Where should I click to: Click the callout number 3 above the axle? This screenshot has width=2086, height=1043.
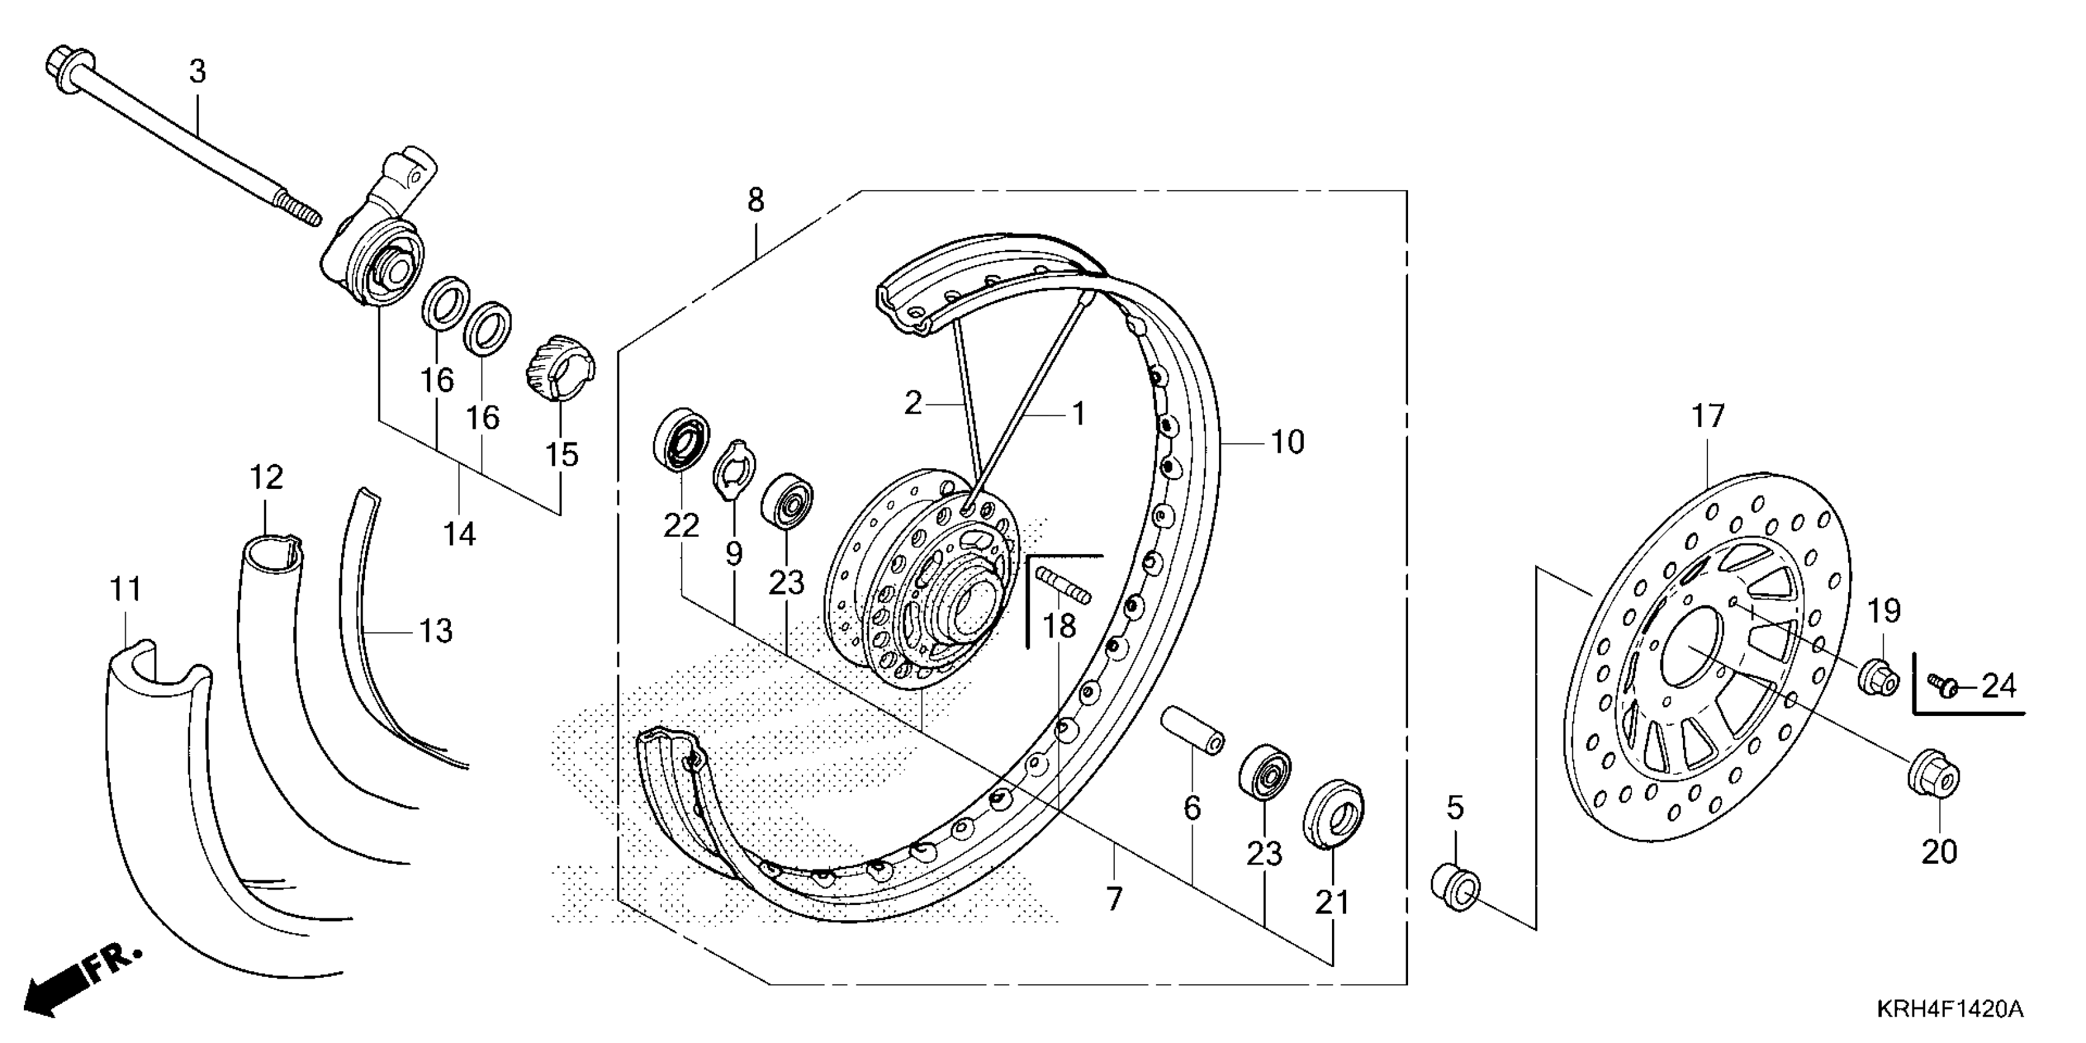[198, 72]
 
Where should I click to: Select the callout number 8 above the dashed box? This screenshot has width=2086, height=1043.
[755, 200]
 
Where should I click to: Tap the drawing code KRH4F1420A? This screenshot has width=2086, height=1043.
[1949, 1010]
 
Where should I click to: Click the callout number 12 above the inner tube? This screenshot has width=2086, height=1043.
[266, 478]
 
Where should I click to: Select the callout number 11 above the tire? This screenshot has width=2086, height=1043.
[126, 590]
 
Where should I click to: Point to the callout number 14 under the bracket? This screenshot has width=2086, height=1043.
[459, 534]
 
